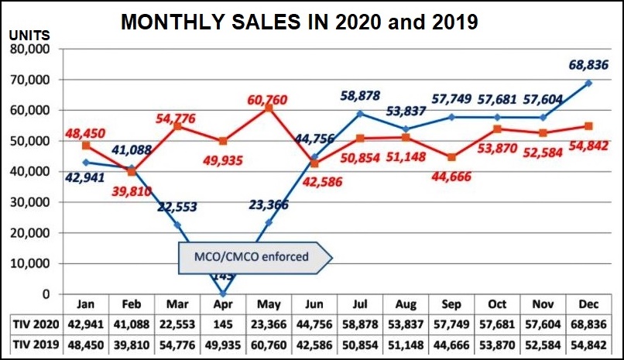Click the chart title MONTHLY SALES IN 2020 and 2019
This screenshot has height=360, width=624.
click(x=299, y=22)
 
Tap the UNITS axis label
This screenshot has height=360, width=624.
click(x=32, y=36)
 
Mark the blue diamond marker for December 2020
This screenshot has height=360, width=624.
click(x=589, y=84)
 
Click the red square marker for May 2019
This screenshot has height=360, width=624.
click(x=269, y=108)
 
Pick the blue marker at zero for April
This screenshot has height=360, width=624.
click(x=223, y=293)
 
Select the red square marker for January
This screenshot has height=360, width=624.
click(x=85, y=146)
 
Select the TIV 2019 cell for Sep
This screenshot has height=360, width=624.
click(x=451, y=343)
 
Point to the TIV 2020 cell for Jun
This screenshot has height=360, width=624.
click(x=314, y=322)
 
